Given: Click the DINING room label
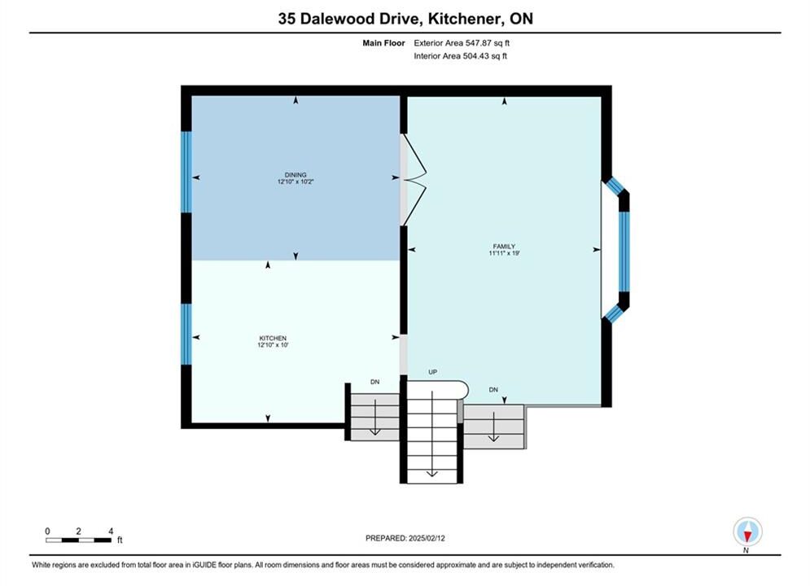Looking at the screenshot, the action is pyautogui.click(x=296, y=175).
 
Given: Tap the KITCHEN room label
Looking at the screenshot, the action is pyautogui.click(x=273, y=339).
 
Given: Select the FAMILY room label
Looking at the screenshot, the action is pyautogui.click(x=504, y=247).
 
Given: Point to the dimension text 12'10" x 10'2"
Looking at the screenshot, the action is pyautogui.click(x=296, y=181).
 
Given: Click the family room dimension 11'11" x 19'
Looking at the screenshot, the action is pyautogui.click(x=504, y=253).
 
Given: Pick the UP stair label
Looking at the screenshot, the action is pyautogui.click(x=433, y=372).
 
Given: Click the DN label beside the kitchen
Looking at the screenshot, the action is pyautogui.click(x=375, y=382).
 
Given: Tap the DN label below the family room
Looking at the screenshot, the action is pyautogui.click(x=493, y=390).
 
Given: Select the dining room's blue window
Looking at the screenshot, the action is pyautogui.click(x=186, y=172).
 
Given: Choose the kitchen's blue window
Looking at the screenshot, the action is pyautogui.click(x=186, y=334).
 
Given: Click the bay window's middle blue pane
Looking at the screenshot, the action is pyautogui.click(x=624, y=251).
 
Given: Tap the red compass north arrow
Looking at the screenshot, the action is pyautogui.click(x=747, y=536).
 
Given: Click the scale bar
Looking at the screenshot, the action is pyautogui.click(x=78, y=540).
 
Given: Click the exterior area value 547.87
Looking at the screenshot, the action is pyautogui.click(x=481, y=43).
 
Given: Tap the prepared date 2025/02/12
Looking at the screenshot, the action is pyautogui.click(x=427, y=538).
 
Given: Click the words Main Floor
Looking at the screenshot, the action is pyautogui.click(x=383, y=43).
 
